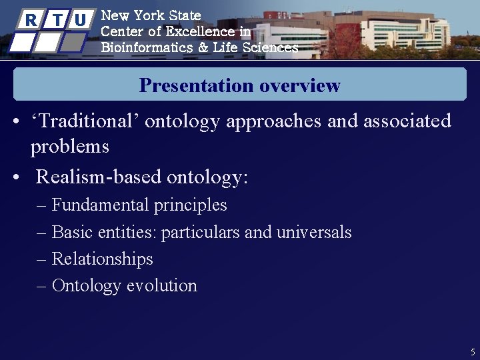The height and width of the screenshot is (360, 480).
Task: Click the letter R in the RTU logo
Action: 31,20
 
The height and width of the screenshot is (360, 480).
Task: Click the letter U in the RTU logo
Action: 80,20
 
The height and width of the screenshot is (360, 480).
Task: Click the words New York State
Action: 150,15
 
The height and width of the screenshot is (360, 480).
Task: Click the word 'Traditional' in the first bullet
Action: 85,121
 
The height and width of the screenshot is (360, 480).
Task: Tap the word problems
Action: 69,147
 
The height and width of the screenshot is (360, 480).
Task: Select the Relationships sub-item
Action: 102,259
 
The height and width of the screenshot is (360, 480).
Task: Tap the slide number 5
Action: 472,351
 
